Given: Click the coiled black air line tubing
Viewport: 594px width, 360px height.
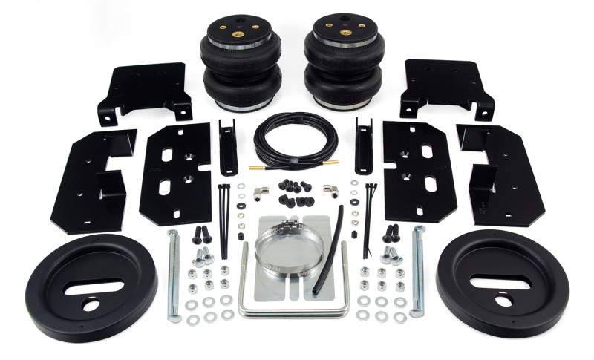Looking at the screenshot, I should coord(295,142).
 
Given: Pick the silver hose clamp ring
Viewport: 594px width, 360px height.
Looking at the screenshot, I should coord(285,249).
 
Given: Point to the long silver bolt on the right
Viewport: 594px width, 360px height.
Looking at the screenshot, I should coord(419,271).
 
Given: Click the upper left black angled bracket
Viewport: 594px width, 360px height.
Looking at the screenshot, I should coord(143,93).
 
